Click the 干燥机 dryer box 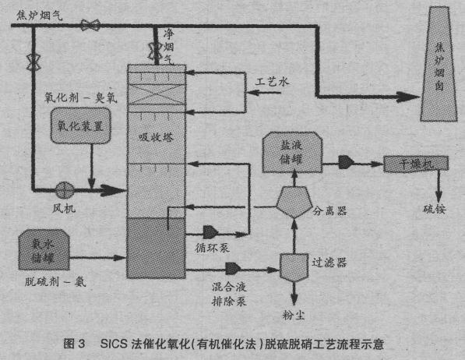408,164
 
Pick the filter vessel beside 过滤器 294,266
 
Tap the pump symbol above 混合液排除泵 232,268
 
